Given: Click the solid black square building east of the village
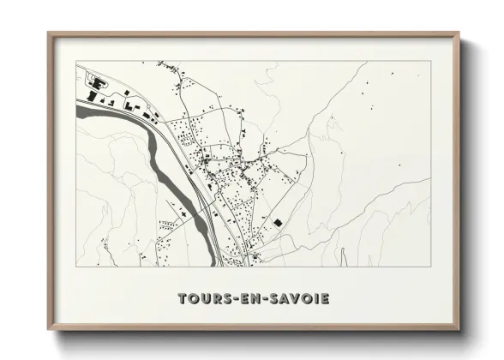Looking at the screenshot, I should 277,222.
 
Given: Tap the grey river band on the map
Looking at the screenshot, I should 154,146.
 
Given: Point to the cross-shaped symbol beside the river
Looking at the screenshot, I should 183,207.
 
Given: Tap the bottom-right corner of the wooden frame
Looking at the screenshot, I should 459,329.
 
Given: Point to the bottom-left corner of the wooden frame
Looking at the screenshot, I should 49,329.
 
